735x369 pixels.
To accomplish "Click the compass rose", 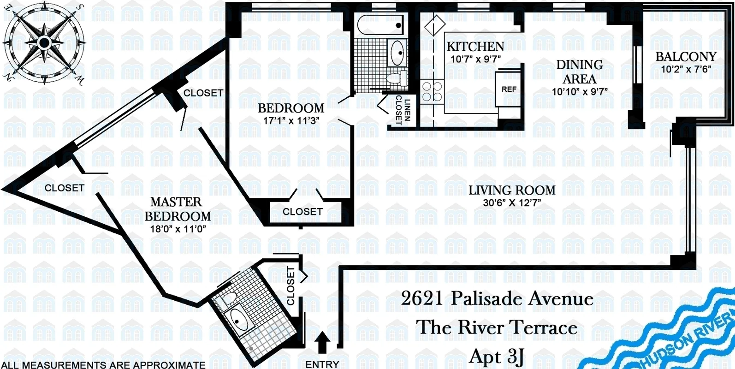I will click(44, 42).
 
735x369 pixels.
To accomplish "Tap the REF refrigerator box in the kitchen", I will click(509, 89).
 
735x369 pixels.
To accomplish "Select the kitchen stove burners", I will click(432, 91).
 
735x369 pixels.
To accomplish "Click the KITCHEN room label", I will click(475, 47).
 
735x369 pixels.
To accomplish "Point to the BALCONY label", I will click(686, 57).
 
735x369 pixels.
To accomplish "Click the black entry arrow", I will click(323, 343).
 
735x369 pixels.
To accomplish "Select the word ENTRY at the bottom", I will click(322, 364).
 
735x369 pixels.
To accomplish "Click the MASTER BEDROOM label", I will click(178, 209).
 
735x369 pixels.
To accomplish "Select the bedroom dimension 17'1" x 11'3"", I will click(291, 120).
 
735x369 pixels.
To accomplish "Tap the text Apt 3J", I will click(497, 357).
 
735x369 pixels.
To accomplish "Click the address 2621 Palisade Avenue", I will click(497, 298).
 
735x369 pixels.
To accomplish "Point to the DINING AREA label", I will click(580, 71).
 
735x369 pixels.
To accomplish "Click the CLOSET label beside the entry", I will click(291, 286).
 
